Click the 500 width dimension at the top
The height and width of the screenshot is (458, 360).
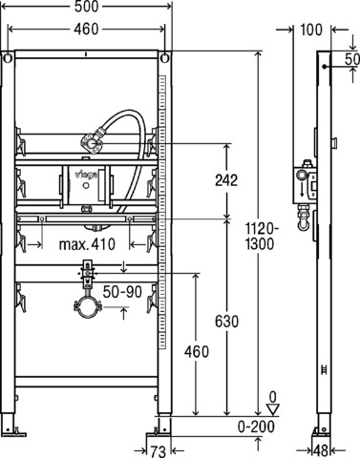[86, 7]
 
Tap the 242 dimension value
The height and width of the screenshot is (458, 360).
[226, 180]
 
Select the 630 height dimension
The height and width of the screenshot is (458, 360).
[226, 322]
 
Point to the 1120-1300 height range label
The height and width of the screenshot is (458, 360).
[260, 237]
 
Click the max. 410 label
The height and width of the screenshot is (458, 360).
[87, 244]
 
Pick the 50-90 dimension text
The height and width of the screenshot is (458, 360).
[122, 291]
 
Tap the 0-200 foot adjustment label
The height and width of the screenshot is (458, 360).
[256, 427]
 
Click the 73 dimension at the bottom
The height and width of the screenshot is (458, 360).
[159, 451]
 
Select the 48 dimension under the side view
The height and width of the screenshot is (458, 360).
[321, 450]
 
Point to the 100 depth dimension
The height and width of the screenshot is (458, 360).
[311, 30]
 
